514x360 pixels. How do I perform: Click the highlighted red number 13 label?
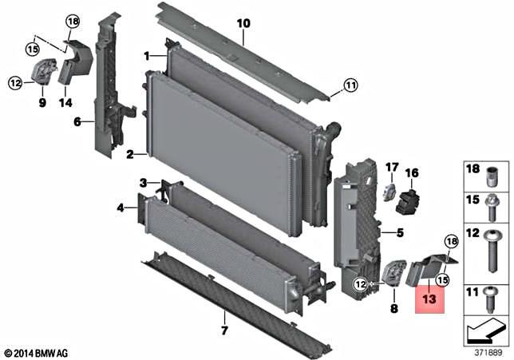point(429,300)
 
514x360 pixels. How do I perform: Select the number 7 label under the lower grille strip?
point(224,331)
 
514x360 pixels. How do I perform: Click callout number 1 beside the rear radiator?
point(147,56)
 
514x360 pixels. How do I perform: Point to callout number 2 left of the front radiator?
point(128,154)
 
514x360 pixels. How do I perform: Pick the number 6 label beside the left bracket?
point(77,122)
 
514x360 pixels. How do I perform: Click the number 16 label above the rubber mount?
point(412,172)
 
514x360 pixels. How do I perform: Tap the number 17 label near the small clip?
point(391,167)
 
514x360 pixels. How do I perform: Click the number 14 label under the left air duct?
point(65,102)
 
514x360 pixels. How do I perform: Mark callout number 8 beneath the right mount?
point(393,307)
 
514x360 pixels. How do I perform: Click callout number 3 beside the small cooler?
point(143,184)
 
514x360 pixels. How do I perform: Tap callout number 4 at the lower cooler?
point(121,208)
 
